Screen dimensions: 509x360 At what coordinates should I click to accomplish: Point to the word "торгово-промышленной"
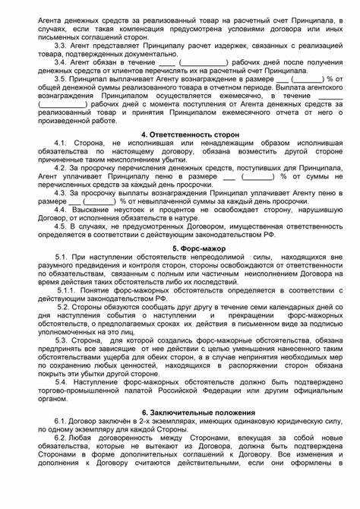coord(71,395)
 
